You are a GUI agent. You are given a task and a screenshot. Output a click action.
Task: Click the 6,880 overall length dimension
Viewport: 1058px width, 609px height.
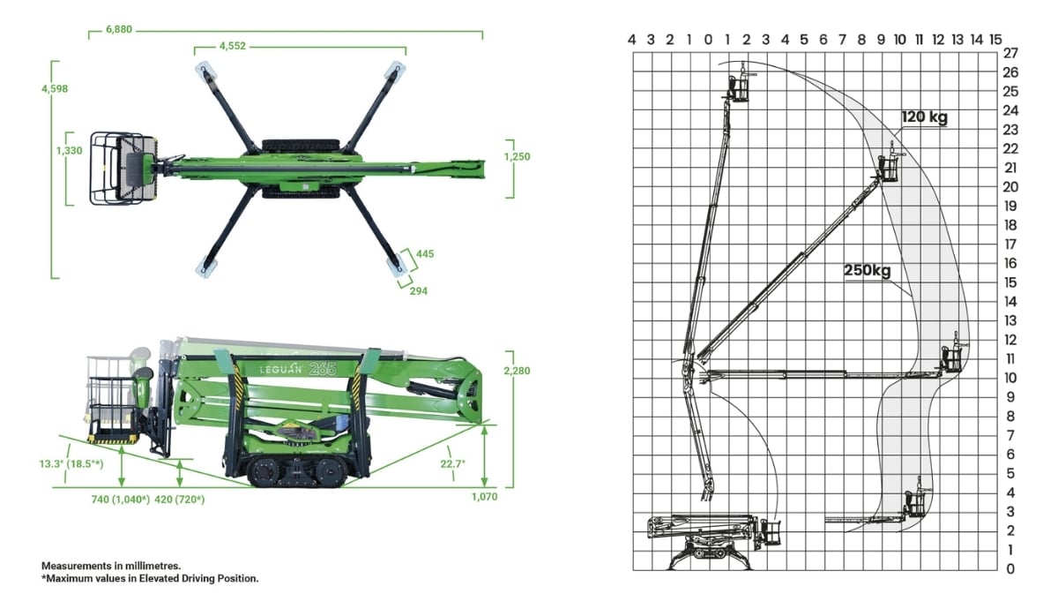(x=118, y=29)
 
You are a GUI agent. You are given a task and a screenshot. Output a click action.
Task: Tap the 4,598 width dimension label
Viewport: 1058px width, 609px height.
(x=53, y=88)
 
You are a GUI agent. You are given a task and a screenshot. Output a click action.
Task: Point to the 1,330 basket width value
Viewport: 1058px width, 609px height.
(x=69, y=151)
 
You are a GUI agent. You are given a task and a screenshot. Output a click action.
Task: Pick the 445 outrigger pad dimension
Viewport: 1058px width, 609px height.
(x=425, y=253)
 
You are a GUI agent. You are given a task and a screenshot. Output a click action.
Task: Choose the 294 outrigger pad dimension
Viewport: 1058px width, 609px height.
(x=418, y=290)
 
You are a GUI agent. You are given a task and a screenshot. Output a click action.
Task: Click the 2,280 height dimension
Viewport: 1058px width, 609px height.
(x=516, y=371)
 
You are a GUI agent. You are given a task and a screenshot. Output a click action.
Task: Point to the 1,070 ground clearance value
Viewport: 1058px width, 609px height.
(x=484, y=497)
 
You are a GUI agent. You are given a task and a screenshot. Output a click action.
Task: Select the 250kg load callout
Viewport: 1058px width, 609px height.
(x=868, y=270)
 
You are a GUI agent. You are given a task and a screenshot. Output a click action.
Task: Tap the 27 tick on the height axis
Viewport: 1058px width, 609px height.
(x=1010, y=53)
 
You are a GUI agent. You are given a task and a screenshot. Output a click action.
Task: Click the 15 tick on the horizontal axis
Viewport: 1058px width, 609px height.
(x=995, y=39)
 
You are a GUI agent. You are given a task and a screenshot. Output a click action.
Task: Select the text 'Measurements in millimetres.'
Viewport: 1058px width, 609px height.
(x=110, y=565)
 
